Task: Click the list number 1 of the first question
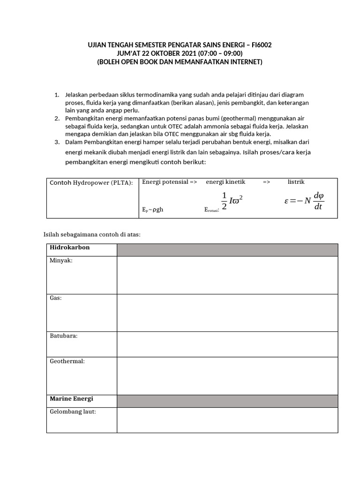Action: pos(57,95)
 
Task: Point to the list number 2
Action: pos(57,119)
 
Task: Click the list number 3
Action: pos(57,142)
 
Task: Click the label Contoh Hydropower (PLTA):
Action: pos(91,182)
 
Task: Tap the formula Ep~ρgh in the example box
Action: pos(153,210)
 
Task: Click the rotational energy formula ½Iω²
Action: pos(232,201)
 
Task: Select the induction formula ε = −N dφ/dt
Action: pos(305,201)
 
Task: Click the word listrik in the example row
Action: pos(296,182)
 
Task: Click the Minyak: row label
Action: pos(61,261)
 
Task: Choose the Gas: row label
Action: pos(56,298)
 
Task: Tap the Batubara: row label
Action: pos(64,336)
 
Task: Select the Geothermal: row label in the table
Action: pos(67,361)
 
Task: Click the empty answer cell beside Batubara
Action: pos(227,344)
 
